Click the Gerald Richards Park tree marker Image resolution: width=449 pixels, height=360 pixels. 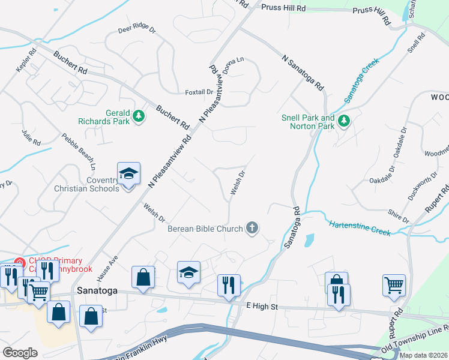(x=139, y=116)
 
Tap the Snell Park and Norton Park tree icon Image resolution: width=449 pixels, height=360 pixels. (x=344, y=122)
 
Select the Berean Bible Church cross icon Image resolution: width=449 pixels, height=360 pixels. (x=253, y=228)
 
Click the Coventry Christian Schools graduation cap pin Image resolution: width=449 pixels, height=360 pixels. (x=128, y=174)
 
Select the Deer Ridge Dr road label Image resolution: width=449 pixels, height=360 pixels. (x=136, y=29)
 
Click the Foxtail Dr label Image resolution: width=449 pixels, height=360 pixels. (x=199, y=92)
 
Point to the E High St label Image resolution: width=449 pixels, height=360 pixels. (x=264, y=307)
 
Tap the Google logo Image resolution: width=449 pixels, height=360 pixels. (x=20, y=353)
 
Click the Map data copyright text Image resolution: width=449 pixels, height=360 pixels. (x=423, y=355)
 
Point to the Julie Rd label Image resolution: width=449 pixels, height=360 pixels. (x=31, y=138)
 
